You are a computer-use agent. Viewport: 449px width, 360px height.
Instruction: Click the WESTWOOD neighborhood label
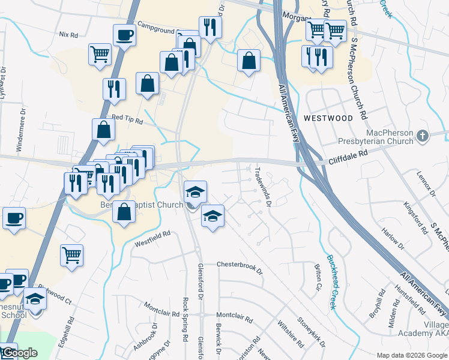point(328,118)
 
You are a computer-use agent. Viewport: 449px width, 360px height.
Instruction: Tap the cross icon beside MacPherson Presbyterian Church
point(423,136)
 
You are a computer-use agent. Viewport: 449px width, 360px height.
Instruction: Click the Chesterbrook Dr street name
point(240,268)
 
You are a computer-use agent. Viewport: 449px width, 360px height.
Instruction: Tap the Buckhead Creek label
point(331,283)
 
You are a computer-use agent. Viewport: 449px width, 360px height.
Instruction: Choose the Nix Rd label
point(69,35)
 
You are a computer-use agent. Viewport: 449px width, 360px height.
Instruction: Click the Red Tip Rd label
point(128,121)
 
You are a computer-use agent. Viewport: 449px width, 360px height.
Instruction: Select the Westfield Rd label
point(152,239)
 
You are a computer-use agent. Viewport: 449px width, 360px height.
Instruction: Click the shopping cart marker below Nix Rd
point(100,54)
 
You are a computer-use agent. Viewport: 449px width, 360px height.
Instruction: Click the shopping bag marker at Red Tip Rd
point(103,129)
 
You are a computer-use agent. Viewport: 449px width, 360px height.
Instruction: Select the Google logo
point(19,353)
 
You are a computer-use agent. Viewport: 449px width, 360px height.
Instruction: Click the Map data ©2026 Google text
point(412,355)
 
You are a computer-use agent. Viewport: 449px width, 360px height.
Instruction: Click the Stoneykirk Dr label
point(307,334)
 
